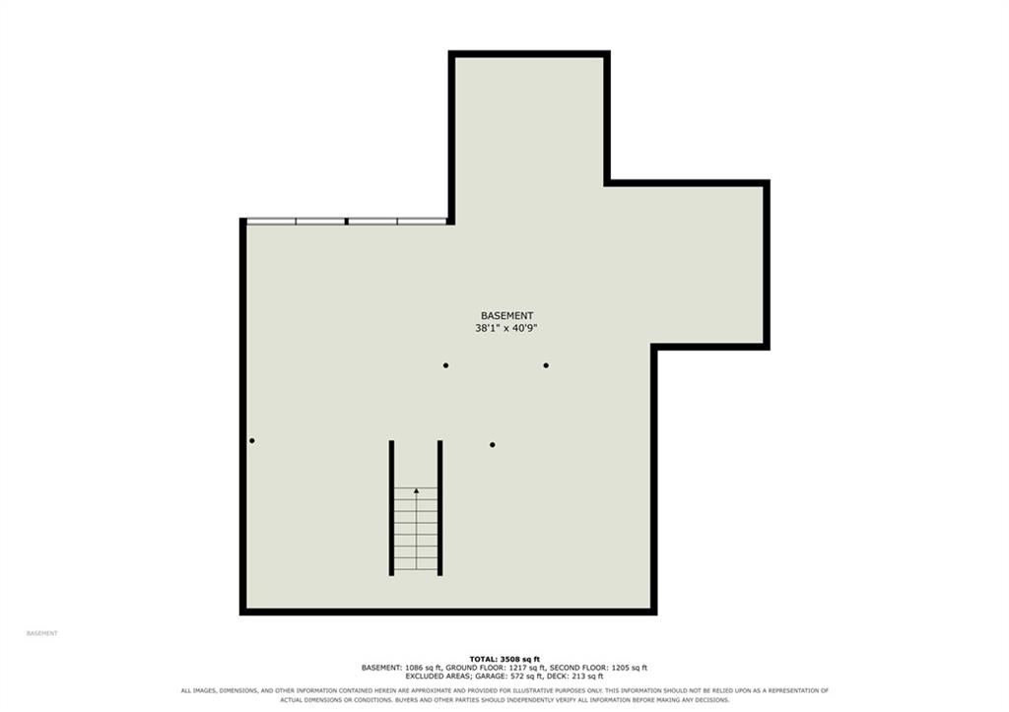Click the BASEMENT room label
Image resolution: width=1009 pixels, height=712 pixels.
tap(507, 316)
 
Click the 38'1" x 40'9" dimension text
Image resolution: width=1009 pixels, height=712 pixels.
tap(506, 328)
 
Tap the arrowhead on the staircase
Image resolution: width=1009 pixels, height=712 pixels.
tap(417, 491)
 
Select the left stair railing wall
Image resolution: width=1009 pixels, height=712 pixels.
tap(391, 508)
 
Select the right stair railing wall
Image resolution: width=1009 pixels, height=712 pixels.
tap(440, 508)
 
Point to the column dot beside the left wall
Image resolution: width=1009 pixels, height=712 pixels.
tap(251, 440)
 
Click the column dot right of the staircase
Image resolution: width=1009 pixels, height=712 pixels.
tap(493, 444)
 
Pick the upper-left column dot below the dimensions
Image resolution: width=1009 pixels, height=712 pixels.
tap(446, 365)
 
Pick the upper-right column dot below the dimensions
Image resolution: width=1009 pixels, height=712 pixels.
tap(546, 365)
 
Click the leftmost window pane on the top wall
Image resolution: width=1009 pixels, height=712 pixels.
tap(272, 222)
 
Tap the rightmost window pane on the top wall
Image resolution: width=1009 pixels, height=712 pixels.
tap(422, 222)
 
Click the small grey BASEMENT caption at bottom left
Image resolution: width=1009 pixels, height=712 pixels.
tap(41, 633)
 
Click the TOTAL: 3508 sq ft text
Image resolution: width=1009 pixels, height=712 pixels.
tap(504, 659)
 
